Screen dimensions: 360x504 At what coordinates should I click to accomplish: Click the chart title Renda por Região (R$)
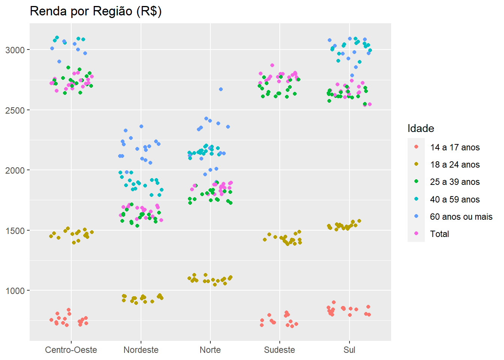(96, 11)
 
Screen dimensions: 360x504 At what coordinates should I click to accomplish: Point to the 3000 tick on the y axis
(15, 50)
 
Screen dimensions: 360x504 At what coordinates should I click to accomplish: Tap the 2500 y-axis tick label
(15, 110)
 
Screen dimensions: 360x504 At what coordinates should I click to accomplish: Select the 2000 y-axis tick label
(15, 170)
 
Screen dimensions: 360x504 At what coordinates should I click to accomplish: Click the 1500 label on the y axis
(15, 231)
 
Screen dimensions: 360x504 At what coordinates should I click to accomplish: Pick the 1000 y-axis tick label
(15, 291)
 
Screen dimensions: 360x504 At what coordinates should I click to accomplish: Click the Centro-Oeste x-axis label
(71, 350)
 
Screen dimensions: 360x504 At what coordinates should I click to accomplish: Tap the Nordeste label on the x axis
(141, 350)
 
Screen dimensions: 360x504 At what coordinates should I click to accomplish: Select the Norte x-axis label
(210, 350)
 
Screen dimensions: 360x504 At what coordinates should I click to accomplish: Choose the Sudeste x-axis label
(279, 350)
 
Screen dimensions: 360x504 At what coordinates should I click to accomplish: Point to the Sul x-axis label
(349, 350)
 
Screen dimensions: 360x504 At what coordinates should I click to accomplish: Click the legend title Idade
(421, 129)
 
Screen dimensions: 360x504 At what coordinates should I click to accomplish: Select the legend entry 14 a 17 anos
(454, 147)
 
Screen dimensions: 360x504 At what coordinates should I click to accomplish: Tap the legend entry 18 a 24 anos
(454, 165)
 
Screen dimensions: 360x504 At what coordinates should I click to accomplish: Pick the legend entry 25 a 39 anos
(454, 182)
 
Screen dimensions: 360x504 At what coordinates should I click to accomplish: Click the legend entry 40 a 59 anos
(454, 199)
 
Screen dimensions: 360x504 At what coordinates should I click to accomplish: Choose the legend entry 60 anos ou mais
(461, 217)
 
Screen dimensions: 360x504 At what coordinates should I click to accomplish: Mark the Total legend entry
(439, 234)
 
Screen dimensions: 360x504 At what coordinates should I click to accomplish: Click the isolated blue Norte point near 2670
(221, 89)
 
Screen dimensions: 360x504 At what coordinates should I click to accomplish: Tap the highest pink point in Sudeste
(272, 65)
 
